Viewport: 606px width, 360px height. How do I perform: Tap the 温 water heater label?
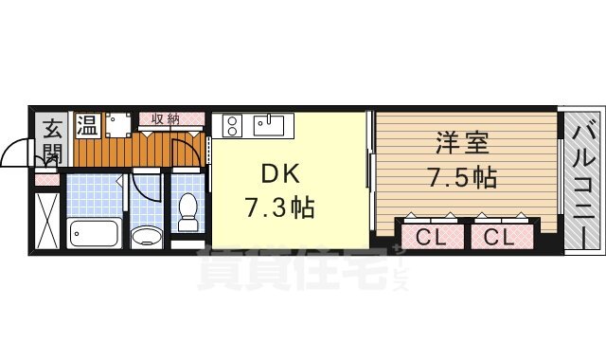[87, 124]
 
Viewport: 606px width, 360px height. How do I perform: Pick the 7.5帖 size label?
[463, 176]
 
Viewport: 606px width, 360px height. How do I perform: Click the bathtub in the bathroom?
[94, 230]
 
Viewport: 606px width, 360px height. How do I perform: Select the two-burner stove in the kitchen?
[232, 124]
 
